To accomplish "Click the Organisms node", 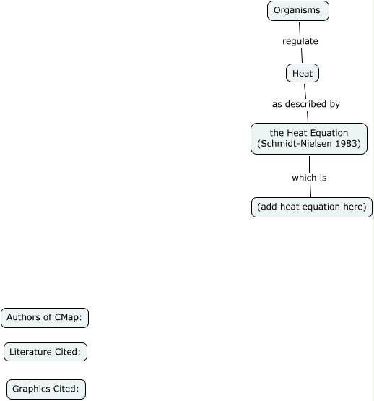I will pyautogui.click(x=297, y=11).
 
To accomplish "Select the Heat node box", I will pyautogui.click(x=303, y=73).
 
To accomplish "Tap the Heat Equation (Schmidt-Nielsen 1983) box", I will pyautogui.click(x=308, y=139).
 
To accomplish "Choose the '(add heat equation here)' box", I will pyautogui.click(x=312, y=207).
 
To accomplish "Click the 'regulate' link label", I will pyautogui.click(x=300, y=41).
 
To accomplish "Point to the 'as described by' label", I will pyautogui.click(x=305, y=104).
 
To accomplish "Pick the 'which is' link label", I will pyautogui.click(x=310, y=177).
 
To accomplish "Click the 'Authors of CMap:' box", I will pyautogui.click(x=45, y=318).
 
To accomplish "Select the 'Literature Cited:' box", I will pyautogui.click(x=45, y=353).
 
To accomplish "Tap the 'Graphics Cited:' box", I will pyautogui.click(x=46, y=389).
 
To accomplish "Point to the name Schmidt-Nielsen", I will pyautogui.click(x=294, y=145).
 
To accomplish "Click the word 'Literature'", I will pyautogui.click(x=31, y=353).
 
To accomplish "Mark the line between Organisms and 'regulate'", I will pyautogui.click(x=298, y=27).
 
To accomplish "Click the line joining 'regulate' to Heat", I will pyautogui.click(x=301, y=56).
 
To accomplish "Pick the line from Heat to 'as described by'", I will pyautogui.click(x=304, y=89).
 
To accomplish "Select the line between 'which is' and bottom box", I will pyautogui.click(x=310, y=190).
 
